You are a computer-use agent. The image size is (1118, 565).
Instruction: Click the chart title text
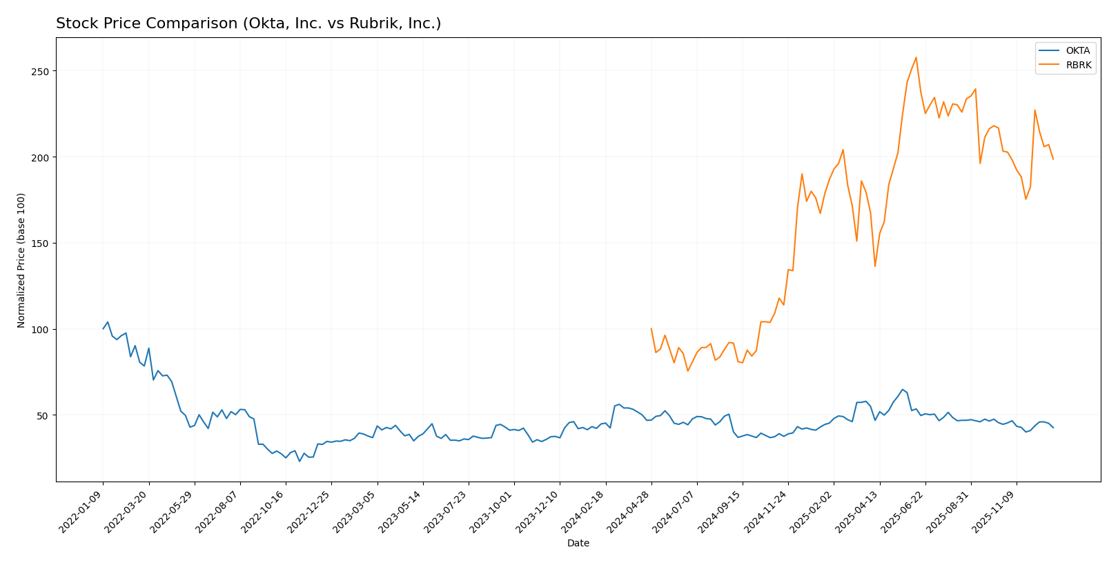pos(248,23)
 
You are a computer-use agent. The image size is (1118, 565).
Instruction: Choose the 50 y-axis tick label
pos(43,415)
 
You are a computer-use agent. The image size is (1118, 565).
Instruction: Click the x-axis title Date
pos(578,544)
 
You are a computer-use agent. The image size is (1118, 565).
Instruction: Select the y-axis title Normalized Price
pos(21,260)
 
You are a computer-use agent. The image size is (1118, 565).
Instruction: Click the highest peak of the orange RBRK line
pos(916,57)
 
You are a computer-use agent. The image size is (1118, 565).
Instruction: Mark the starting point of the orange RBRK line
pos(651,329)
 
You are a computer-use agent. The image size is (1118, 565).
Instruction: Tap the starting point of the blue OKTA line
pos(104,328)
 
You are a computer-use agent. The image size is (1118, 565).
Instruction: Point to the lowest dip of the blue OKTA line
pos(300,461)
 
